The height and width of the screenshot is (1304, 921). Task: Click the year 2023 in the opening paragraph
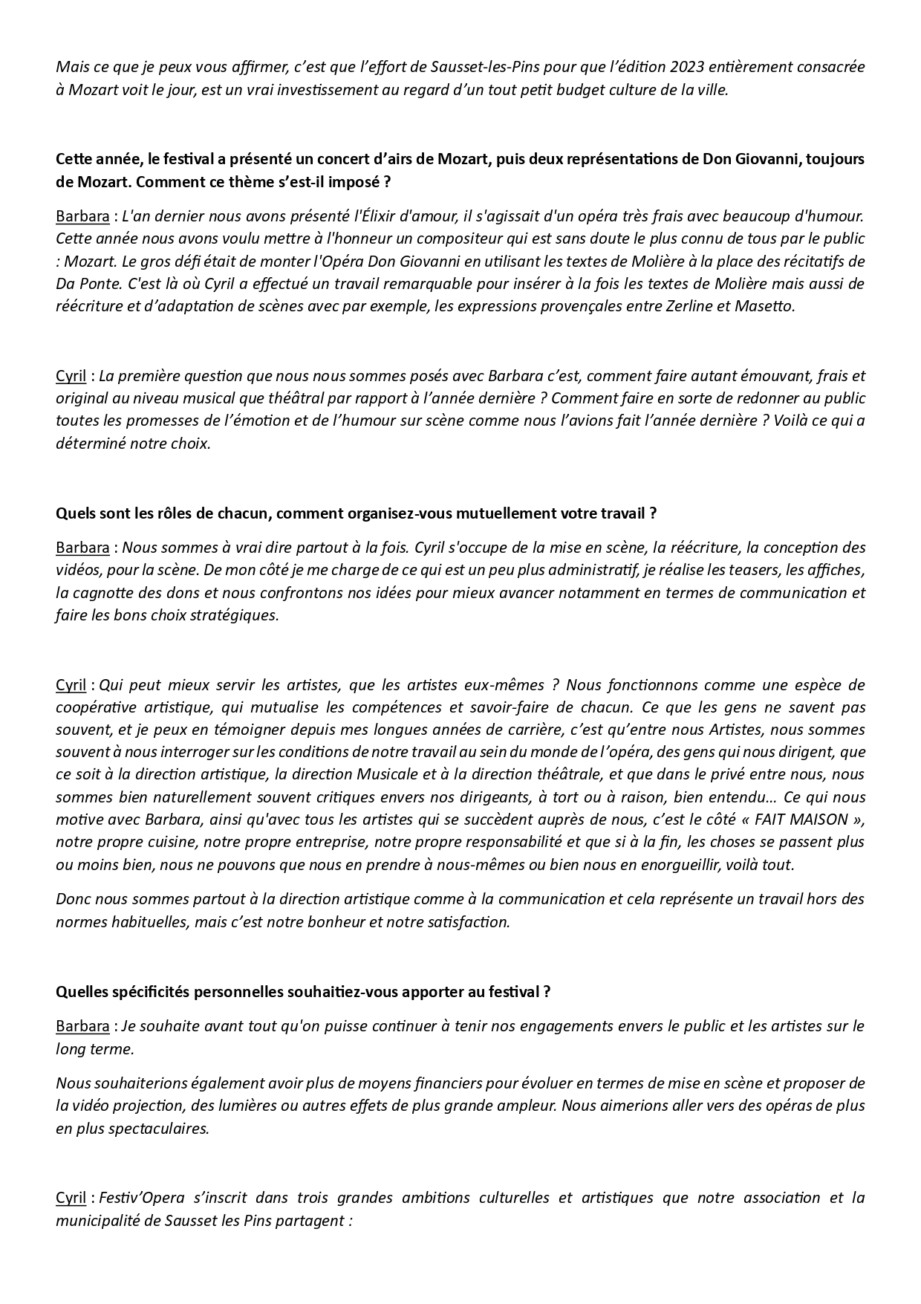coord(688,67)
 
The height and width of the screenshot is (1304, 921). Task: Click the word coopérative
coord(91,707)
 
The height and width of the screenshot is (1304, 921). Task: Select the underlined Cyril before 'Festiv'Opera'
coord(71,1198)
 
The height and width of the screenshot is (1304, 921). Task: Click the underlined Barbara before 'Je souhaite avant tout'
coord(82,1026)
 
